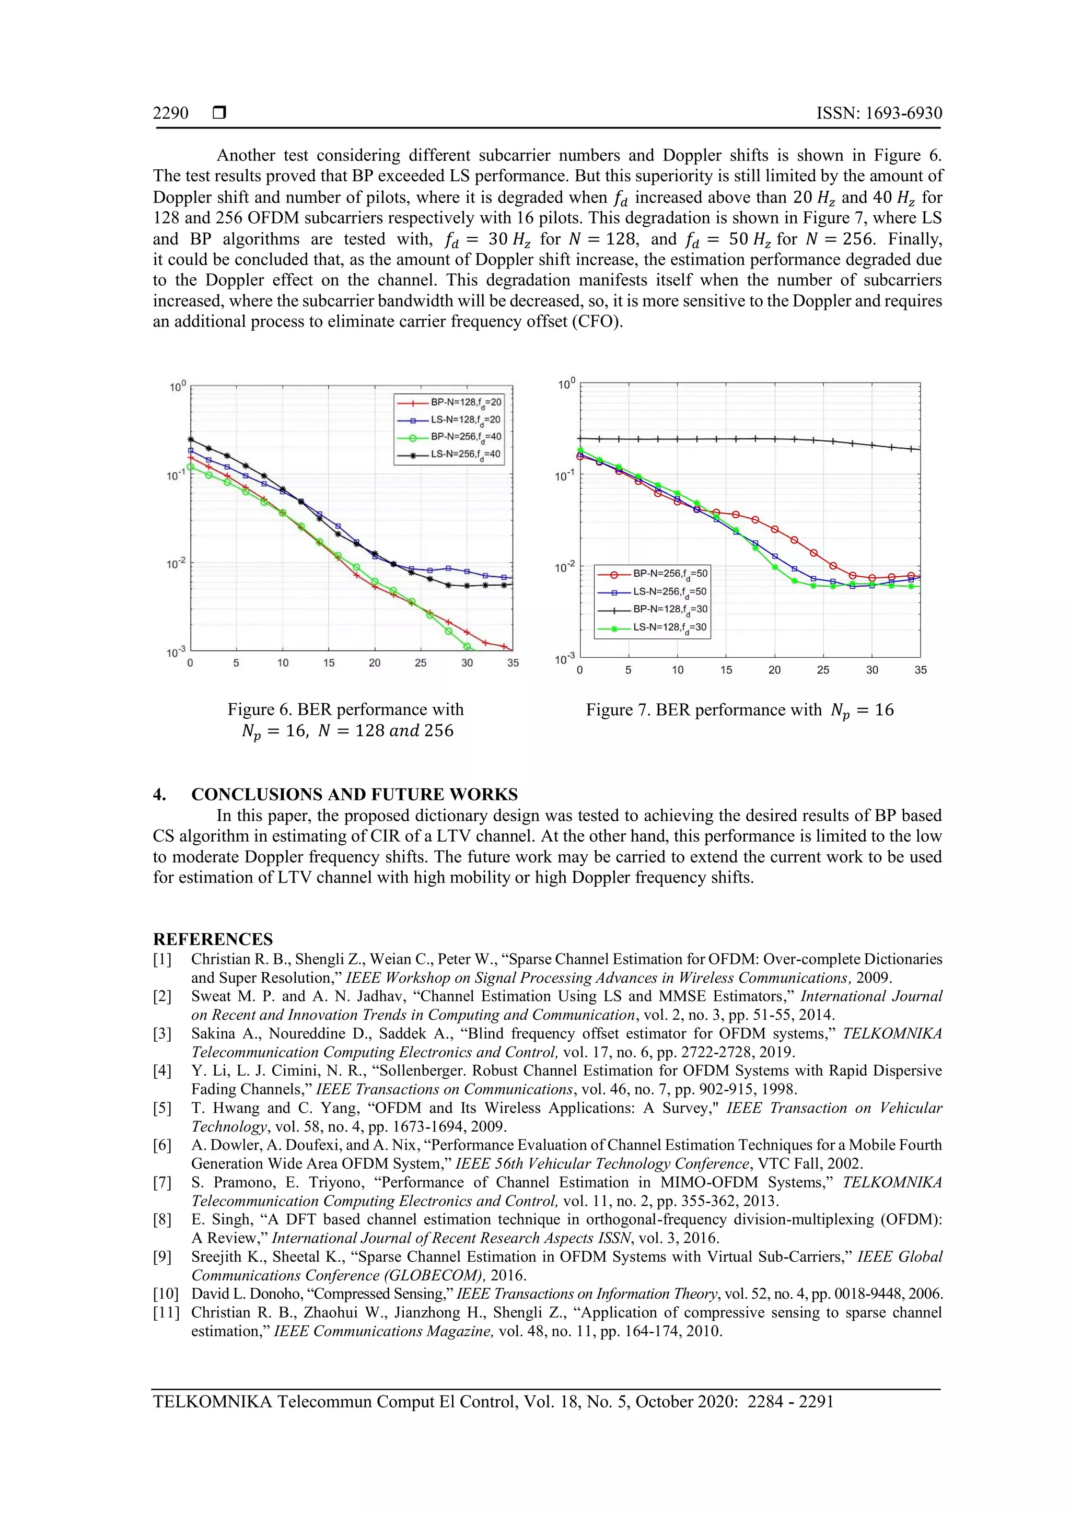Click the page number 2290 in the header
[171, 113]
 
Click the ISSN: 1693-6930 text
[879, 113]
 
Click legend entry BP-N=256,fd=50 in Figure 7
[669, 574]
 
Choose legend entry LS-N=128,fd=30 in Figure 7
[669, 627]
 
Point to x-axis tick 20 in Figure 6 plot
[374, 663]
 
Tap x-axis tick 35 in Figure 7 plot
[921, 670]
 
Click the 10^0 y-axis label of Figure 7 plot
[567, 384]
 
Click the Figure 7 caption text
[739, 709]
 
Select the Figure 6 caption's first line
[345, 709]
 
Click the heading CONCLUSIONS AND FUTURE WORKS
[354, 794]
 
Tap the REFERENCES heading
[213, 939]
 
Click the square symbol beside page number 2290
[219, 113]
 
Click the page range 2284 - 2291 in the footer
[790, 1402]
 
